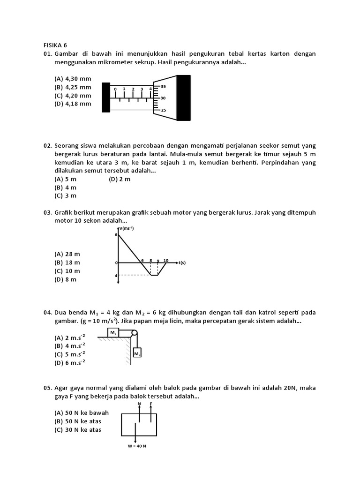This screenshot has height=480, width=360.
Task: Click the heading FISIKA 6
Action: point(55,45)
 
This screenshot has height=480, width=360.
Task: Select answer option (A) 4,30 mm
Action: point(73,79)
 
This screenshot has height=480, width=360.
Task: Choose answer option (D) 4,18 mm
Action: point(73,104)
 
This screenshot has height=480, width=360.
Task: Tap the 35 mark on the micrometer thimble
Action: point(163,87)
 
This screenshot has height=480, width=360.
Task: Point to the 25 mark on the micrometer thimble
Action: point(163,110)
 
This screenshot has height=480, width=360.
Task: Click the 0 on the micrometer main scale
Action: point(115,89)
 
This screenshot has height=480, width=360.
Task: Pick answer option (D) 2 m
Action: point(120,179)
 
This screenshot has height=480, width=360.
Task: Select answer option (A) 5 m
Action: point(66,179)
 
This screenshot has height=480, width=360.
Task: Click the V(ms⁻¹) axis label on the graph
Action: point(126,228)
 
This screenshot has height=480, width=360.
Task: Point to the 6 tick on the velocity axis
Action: point(116,234)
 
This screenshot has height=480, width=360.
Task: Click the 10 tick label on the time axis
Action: point(165,260)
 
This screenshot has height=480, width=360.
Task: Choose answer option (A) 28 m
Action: point(67,254)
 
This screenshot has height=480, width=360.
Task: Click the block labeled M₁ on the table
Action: point(113,333)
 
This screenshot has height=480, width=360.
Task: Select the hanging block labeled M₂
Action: point(137,354)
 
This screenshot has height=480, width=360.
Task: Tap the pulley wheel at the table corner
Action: point(135,333)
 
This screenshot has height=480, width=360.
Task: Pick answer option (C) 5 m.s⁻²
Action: point(70,354)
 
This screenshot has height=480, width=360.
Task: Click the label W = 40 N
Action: point(136,446)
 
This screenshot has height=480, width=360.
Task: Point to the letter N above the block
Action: point(139,403)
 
